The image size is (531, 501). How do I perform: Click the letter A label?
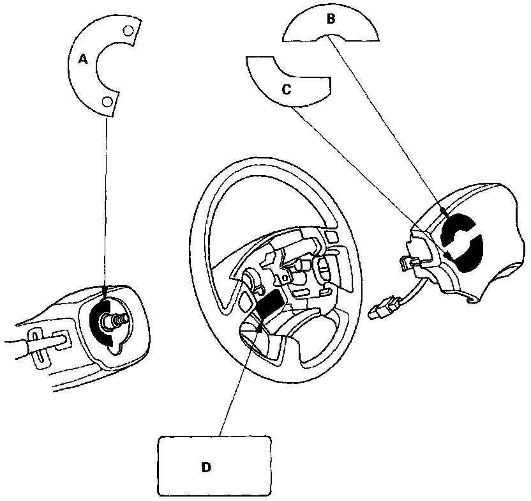(82, 59)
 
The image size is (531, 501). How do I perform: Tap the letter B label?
(331, 19)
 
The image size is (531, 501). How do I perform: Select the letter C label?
(287, 89)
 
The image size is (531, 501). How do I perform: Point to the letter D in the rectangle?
(206, 467)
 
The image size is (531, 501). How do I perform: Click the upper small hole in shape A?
(127, 30)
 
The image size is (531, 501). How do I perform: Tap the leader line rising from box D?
(239, 383)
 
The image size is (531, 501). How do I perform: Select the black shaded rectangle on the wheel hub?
(271, 304)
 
